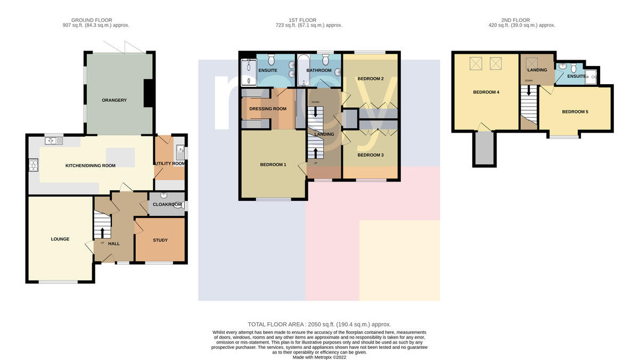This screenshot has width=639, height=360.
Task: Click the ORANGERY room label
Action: pyautogui.click(x=114, y=100)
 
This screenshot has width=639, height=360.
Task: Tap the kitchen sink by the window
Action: pyautogui.click(x=54, y=141)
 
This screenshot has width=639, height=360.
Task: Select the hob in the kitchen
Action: pyautogui.click(x=34, y=165)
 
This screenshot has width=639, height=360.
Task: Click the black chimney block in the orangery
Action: pyautogui.click(x=149, y=93)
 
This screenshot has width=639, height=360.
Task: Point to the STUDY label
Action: pyautogui.click(x=160, y=240)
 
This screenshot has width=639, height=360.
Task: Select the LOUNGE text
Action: pyautogui.click(x=60, y=239)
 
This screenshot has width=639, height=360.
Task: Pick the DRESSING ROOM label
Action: pyautogui.click(x=268, y=109)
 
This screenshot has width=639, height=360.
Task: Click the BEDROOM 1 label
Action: pyautogui.click(x=273, y=165)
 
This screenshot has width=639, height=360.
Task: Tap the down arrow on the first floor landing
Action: pyautogui.click(x=315, y=111)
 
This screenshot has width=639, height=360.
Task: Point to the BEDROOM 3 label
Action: pyautogui.click(x=371, y=155)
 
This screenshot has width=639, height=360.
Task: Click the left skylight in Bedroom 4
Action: pyautogui.click(x=476, y=63)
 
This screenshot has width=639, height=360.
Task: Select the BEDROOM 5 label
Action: pyautogui.click(x=575, y=111)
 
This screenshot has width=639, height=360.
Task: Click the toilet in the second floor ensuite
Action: pyautogui.click(x=574, y=68)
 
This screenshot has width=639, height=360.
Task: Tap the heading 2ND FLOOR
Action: pyautogui.click(x=515, y=20)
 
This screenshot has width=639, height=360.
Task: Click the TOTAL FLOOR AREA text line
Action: pyautogui.click(x=319, y=324)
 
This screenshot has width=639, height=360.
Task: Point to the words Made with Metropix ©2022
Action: pyautogui.click(x=319, y=357)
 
